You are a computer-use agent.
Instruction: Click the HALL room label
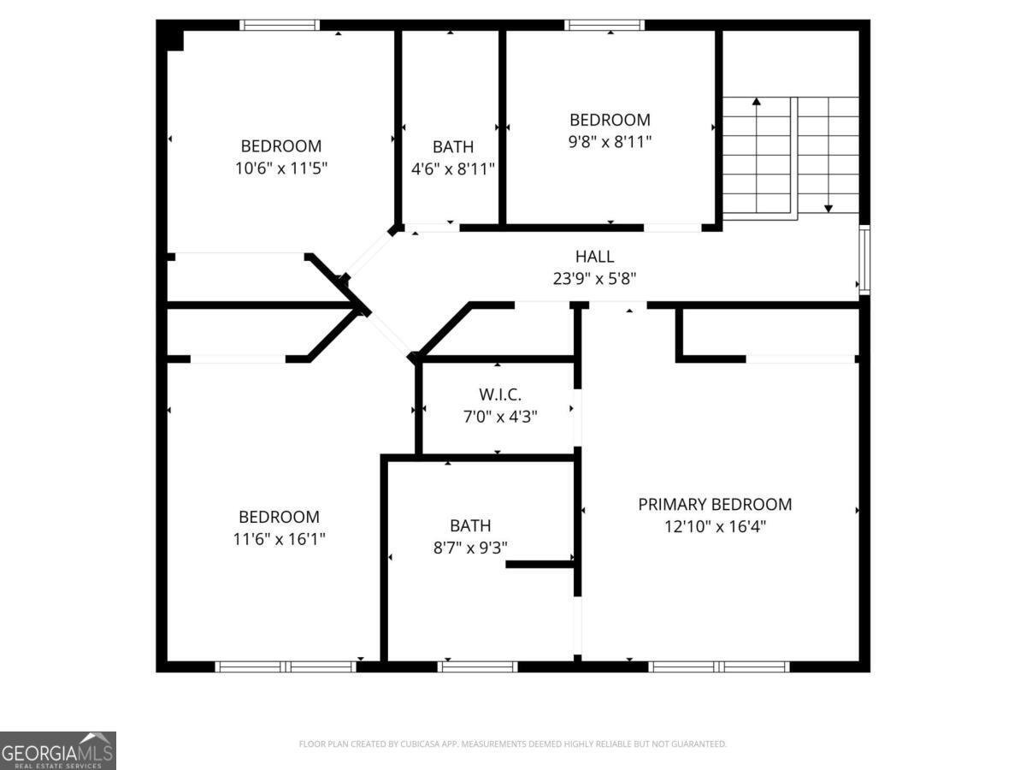(594, 256)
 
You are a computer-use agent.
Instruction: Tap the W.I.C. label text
(499, 394)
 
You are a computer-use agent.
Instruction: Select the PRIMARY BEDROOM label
(715, 504)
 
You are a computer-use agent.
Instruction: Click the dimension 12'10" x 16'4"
(715, 526)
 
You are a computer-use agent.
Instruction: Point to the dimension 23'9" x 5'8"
(594, 278)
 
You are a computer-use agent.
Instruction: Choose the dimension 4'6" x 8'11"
(453, 169)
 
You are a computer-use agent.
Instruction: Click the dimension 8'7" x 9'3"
(470, 548)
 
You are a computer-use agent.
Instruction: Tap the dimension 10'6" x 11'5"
(280, 168)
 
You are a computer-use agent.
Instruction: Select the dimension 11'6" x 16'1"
(279, 539)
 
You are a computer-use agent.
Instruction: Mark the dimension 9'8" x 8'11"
(610, 142)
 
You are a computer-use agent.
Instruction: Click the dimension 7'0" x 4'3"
(499, 417)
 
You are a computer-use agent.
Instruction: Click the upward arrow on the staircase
(757, 103)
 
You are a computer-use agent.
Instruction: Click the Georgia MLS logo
(57, 750)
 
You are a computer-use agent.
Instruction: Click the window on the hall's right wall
(864, 260)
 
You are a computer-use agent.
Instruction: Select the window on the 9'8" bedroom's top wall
(604, 25)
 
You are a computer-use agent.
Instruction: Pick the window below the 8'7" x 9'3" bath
(478, 666)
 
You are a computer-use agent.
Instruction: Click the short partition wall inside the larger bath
(540, 564)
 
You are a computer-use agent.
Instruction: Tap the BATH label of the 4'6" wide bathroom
(453, 146)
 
